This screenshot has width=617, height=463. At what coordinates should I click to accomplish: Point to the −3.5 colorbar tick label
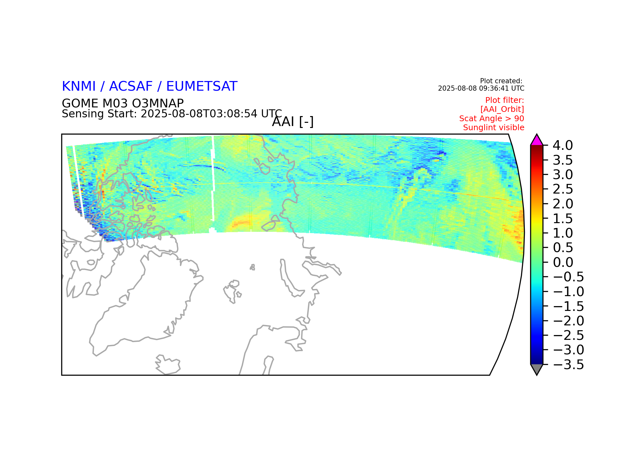(568, 365)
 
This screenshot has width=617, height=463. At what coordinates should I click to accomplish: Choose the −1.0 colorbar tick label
(568, 292)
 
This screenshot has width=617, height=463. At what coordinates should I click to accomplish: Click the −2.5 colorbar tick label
(568, 335)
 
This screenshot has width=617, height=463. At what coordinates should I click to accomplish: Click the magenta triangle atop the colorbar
(537, 140)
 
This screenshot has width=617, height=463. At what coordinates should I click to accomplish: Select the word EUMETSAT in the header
(202, 86)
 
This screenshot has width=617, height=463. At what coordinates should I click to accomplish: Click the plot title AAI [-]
(293, 122)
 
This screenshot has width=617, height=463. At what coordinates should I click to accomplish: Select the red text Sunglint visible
(494, 128)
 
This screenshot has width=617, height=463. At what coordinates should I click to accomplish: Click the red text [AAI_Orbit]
(502, 109)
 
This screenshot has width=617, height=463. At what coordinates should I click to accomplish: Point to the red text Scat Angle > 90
(492, 119)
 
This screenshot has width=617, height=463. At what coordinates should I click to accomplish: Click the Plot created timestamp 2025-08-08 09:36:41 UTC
(481, 88)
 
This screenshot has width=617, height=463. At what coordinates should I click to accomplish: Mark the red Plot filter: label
(505, 100)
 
